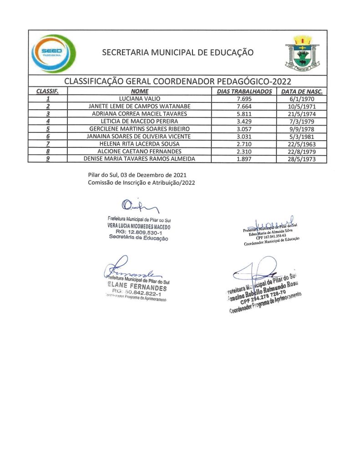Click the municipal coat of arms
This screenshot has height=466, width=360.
point(301,53)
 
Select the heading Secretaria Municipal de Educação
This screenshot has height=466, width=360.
point(177,52)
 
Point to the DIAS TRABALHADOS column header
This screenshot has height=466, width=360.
point(245,91)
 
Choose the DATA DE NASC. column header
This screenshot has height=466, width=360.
point(302,91)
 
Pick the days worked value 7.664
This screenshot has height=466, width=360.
point(245,106)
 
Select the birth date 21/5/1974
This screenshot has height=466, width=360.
point(302,114)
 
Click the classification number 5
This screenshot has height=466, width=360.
point(48,129)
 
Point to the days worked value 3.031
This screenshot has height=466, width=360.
point(245,136)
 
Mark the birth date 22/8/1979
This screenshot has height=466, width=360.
point(302,151)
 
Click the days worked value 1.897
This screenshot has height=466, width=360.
point(245,159)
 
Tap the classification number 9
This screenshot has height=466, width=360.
point(48,159)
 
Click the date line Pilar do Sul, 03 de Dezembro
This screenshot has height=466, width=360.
point(137,175)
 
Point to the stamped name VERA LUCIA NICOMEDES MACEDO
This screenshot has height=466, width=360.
point(138,226)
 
